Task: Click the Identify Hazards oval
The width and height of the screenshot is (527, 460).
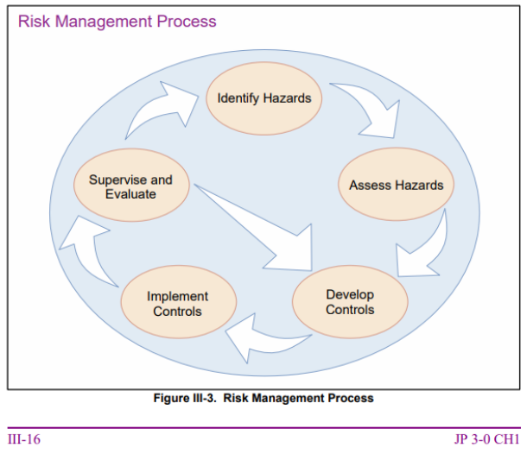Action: (263, 98)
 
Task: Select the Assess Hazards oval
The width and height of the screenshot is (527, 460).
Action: (396, 185)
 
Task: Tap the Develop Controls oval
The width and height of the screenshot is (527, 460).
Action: (350, 301)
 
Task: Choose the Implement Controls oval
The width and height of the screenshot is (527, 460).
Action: (179, 302)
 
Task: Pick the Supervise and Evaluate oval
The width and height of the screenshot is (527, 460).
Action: (131, 185)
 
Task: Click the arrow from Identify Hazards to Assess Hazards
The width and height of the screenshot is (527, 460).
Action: (373, 107)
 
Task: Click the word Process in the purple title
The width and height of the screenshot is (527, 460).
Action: (187, 22)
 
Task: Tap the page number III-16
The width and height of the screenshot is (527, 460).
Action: (24, 439)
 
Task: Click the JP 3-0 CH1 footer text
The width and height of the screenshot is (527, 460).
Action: (487, 439)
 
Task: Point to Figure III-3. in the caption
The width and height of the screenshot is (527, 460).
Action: (185, 398)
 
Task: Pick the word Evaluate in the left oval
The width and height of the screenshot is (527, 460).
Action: (130, 194)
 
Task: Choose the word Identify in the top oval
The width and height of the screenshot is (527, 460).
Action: (238, 98)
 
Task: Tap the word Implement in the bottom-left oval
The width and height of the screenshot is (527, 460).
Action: (177, 297)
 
